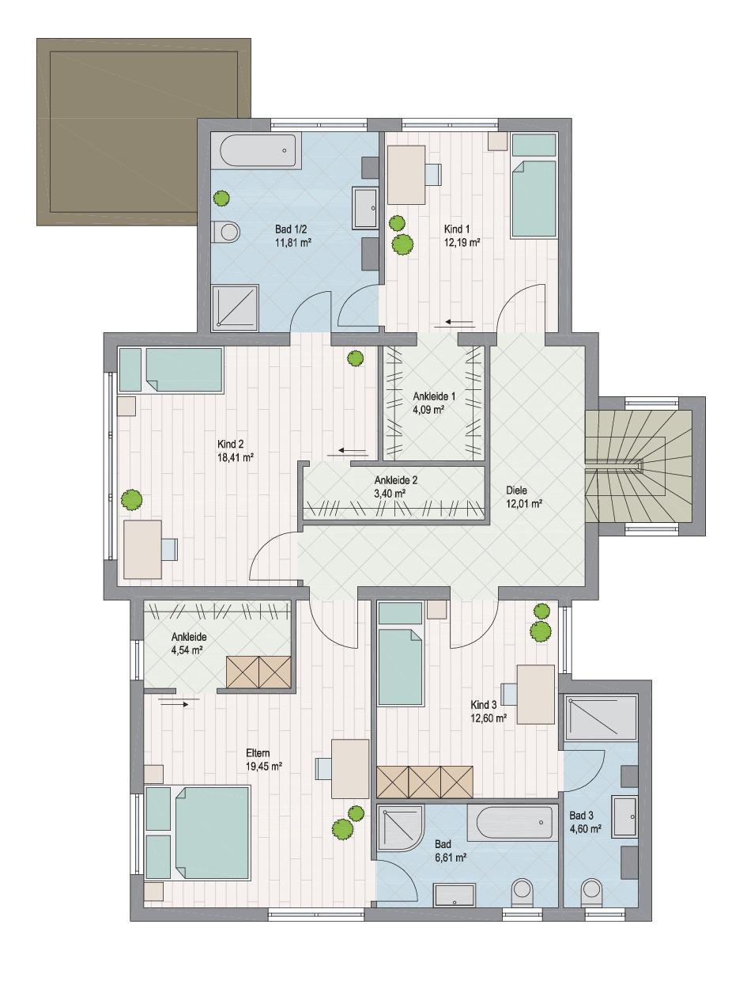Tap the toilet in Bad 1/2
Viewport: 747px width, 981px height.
click(x=226, y=233)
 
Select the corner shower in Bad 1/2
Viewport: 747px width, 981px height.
click(x=236, y=308)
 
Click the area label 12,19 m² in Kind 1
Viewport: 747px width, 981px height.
click(x=462, y=243)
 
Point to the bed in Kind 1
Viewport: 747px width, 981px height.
click(x=534, y=185)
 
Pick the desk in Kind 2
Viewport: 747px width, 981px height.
click(x=143, y=550)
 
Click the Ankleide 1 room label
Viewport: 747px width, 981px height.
click(x=434, y=396)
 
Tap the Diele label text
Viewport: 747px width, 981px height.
click(x=517, y=490)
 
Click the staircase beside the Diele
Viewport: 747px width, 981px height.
click(x=638, y=467)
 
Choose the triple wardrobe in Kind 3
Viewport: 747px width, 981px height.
click(x=424, y=782)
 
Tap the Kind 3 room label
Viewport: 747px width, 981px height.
click(x=484, y=705)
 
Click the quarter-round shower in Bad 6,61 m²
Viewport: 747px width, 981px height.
click(x=401, y=828)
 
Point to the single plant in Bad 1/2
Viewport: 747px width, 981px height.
click(x=221, y=198)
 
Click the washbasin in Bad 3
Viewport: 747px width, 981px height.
click(x=625, y=816)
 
